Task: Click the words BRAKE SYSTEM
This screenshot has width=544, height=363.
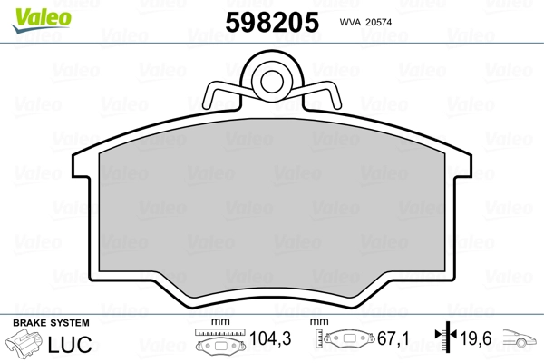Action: pyautogui.click(x=51, y=324)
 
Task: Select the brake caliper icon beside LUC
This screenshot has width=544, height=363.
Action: pyautogui.click(x=28, y=346)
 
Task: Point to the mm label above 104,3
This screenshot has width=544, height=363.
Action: pyautogui.click(x=217, y=322)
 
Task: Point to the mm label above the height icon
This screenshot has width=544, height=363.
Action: pyautogui.click(x=318, y=322)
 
